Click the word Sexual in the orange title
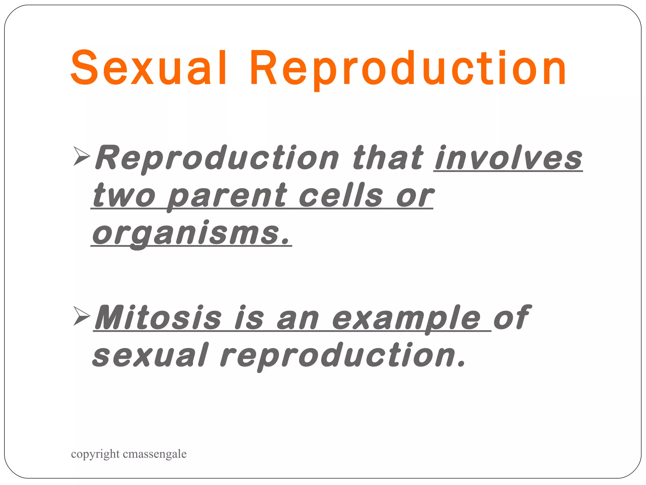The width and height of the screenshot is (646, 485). point(148,68)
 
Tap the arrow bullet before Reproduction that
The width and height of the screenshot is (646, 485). point(81,156)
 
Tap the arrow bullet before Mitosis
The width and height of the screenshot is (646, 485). point(81,316)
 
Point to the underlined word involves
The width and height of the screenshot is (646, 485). point(508,158)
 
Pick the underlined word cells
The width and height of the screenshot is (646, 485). point(341,196)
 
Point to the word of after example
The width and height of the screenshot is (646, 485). point(511,317)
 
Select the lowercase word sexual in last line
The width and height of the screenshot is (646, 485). point(150,356)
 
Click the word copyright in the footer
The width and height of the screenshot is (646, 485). point(95,454)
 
